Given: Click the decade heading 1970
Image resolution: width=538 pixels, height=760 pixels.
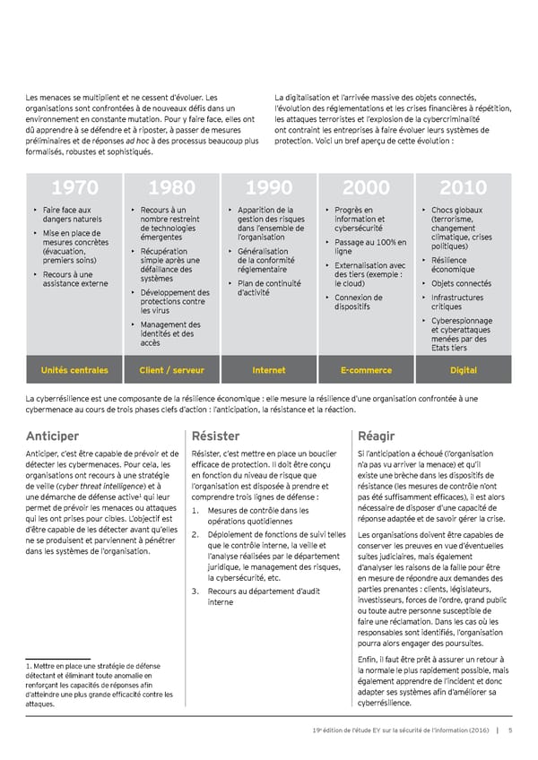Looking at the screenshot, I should point(74,188).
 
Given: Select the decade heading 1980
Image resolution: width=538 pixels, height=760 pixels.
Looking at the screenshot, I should point(171,188).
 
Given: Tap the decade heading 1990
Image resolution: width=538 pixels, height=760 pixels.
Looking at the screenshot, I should point(269,188).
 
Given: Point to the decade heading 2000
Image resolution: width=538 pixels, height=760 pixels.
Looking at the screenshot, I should point(366,188).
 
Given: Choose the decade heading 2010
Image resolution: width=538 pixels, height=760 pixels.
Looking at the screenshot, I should point(463,188).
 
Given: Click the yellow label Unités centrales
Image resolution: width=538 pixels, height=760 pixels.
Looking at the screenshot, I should point(74,370).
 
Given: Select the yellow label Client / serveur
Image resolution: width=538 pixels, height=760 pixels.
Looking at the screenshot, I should point(171,370).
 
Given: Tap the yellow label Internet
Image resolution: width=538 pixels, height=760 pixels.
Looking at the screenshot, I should point(269,370).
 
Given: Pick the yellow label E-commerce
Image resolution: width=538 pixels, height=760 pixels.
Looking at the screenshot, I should point(366,370).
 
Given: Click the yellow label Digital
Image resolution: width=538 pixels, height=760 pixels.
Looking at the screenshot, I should point(463,370).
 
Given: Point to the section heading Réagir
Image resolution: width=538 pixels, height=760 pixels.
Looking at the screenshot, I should point(376,436).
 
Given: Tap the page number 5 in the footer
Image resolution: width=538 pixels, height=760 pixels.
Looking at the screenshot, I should point(509,730).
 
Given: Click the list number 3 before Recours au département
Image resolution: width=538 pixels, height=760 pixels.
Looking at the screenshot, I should point(195,591).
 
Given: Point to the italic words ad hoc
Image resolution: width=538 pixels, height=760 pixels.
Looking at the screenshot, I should point(137,141).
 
